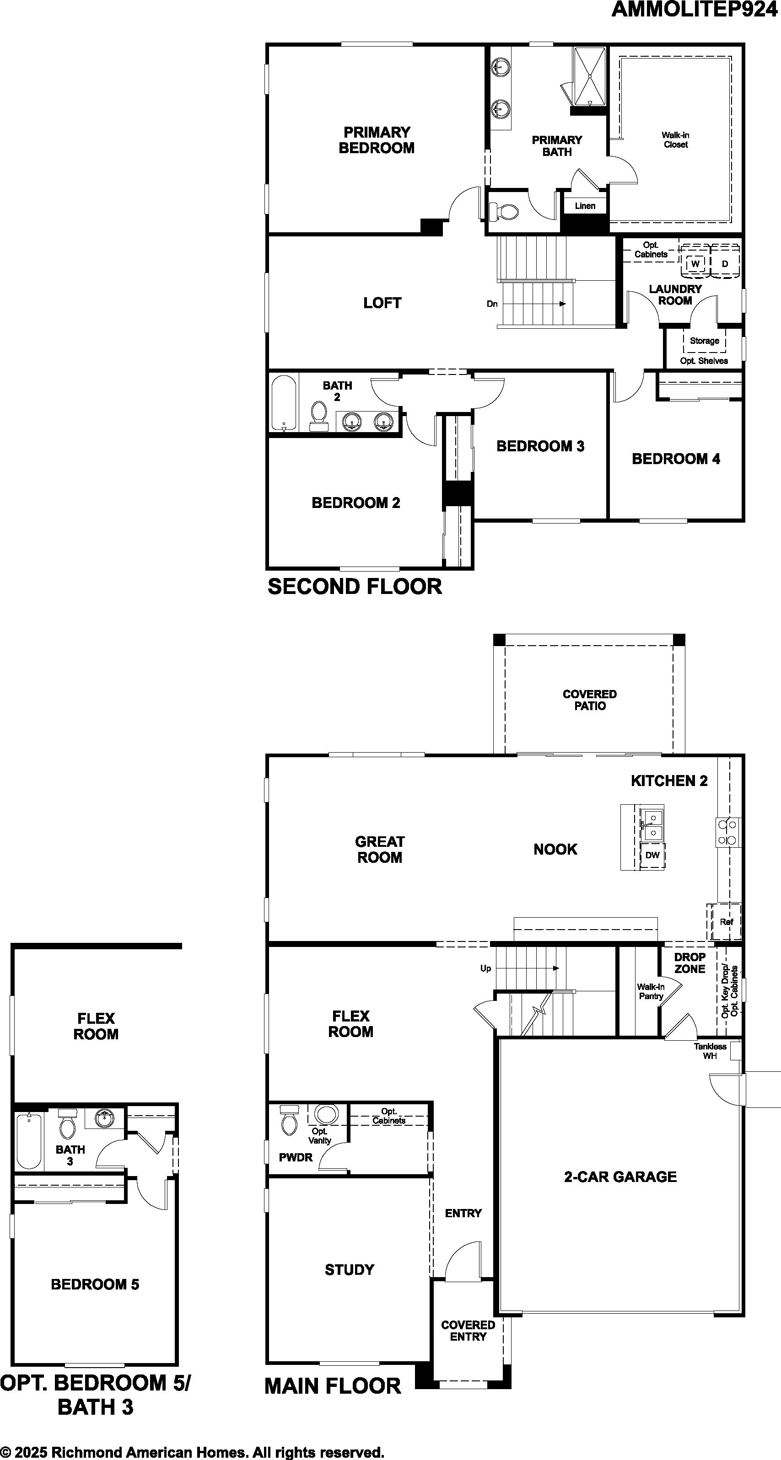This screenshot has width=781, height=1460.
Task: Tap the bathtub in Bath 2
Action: click(x=284, y=403)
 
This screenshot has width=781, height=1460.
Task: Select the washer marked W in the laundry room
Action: click(x=695, y=263)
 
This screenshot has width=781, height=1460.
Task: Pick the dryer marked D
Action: click(x=725, y=263)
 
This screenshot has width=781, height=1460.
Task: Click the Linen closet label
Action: click(x=585, y=206)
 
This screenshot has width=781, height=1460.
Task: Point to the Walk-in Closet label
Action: click(x=675, y=139)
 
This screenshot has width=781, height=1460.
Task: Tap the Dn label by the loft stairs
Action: click(x=492, y=304)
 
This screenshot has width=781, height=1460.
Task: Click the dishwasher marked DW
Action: click(x=652, y=855)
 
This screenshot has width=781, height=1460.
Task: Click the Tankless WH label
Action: click(x=710, y=1051)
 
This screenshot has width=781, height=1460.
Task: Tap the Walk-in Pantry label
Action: click(x=651, y=991)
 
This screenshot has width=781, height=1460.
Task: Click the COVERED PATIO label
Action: click(x=590, y=700)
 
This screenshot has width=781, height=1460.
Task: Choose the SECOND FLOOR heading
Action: click(x=355, y=587)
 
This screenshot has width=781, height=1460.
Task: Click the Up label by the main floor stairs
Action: click(x=485, y=968)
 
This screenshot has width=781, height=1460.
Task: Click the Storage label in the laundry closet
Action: click(x=705, y=341)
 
